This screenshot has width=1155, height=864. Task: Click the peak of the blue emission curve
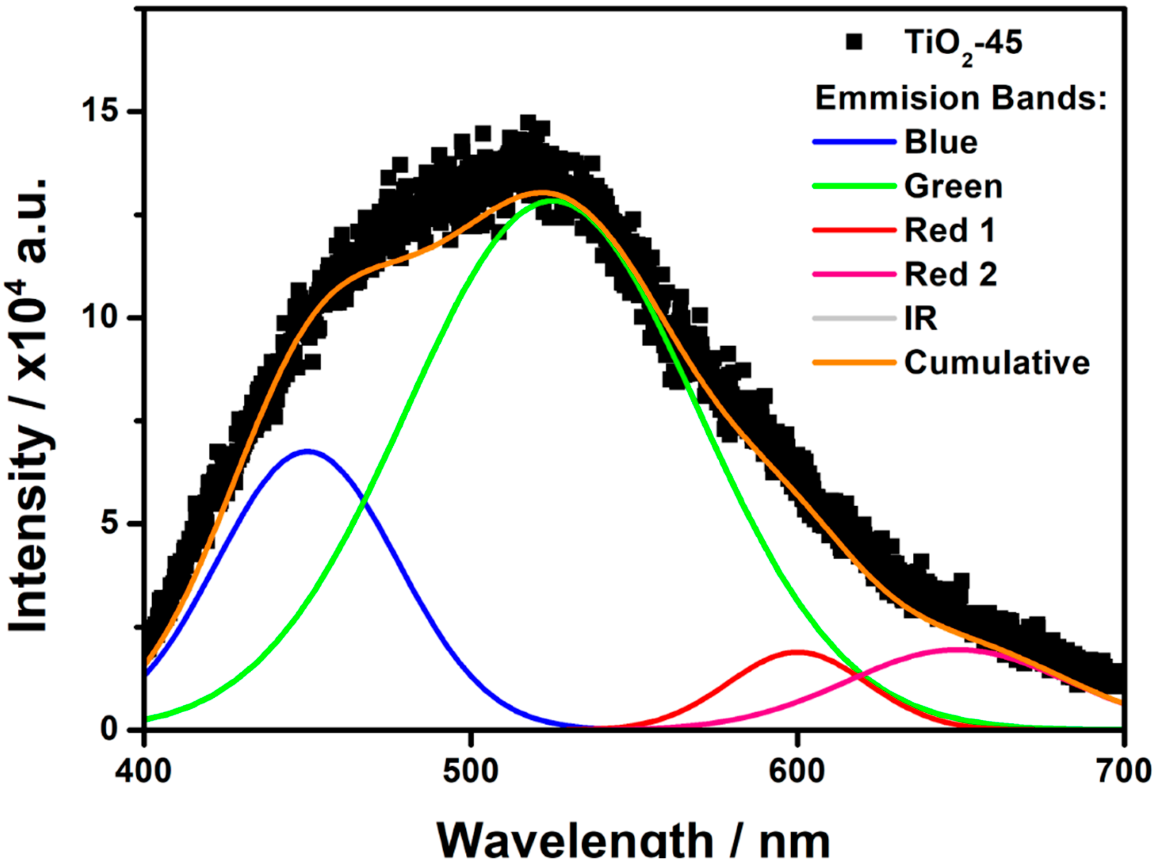point(308,451)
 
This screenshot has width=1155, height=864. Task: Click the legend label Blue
point(941,142)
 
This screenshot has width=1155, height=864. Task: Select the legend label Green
point(953,187)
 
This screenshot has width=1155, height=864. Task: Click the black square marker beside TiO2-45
point(854,43)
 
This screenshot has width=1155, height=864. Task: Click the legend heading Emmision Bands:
point(961,98)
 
